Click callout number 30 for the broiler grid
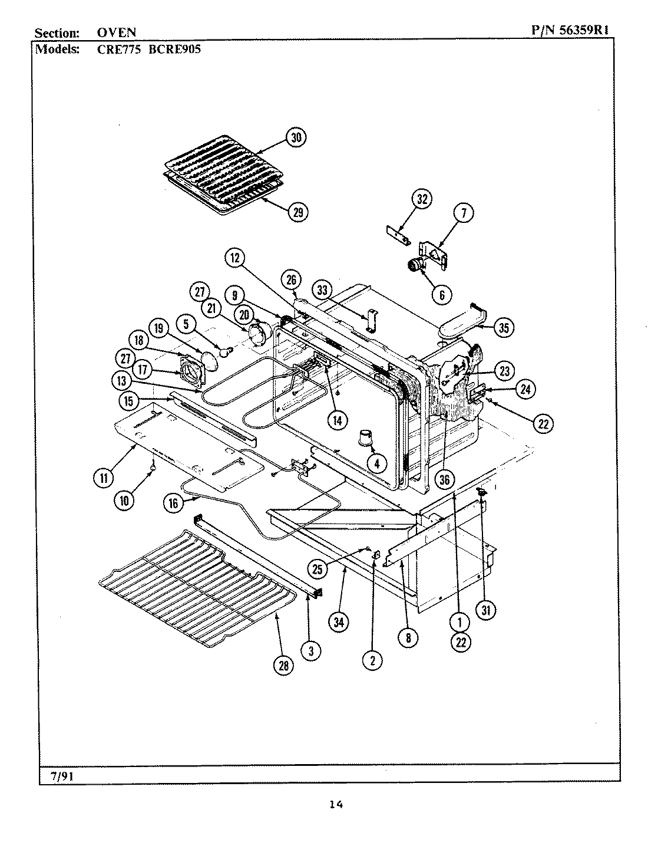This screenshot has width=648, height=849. pos(296,137)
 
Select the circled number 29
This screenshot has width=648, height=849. pos(298,212)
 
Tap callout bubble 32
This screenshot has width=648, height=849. pos(422,199)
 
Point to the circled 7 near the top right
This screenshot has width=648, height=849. pos(463,213)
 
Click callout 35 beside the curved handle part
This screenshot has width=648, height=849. pos(502,327)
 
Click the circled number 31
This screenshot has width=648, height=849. pos(485,610)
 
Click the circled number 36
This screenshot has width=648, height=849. pos(444,479)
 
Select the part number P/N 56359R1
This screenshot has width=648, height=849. pos(574,32)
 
